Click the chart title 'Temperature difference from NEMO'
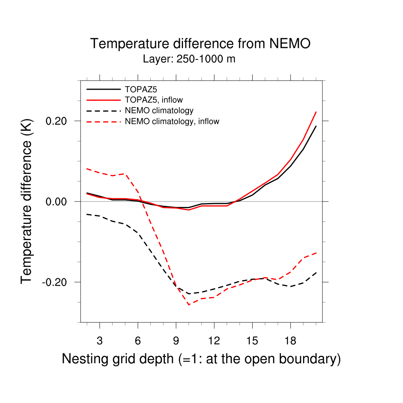[x=200, y=44]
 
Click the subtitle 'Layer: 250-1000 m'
[x=189, y=59]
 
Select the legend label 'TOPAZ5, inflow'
[x=153, y=100]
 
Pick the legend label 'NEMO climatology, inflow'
[x=172, y=122]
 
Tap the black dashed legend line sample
[x=104, y=111]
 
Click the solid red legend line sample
[x=104, y=100]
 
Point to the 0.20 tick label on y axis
[x=57, y=121]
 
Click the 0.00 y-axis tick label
[x=57, y=201]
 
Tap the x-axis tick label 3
[x=100, y=341]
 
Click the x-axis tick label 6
[x=138, y=341]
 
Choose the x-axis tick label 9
[x=176, y=341]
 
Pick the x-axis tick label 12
[x=214, y=341]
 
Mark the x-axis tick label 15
[x=252, y=341]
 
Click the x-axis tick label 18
[x=290, y=341]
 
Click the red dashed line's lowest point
[x=189, y=305]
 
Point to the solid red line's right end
[x=316, y=112]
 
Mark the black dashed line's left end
[x=87, y=214]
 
